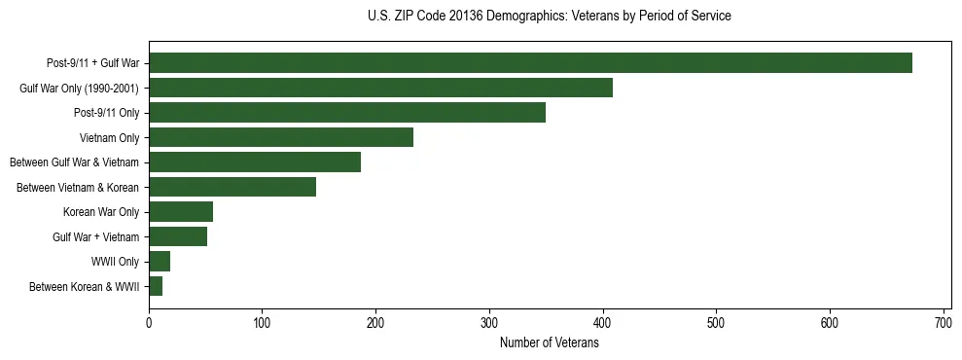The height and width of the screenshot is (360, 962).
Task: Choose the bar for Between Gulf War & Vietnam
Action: (255, 162)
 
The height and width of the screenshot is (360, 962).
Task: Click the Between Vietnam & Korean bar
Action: (232, 187)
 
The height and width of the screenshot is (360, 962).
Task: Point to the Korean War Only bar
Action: (181, 212)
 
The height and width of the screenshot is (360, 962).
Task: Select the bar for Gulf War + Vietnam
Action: (178, 236)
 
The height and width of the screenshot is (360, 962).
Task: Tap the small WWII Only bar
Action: (160, 262)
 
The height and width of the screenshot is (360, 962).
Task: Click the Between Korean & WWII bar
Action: (156, 286)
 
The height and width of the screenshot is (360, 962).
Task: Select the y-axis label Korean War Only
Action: (101, 212)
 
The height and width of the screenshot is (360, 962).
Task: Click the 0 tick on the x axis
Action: (149, 322)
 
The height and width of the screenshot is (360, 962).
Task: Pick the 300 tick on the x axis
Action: (489, 322)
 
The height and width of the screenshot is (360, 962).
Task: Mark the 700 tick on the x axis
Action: (943, 322)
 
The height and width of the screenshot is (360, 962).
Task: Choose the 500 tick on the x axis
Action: (716, 322)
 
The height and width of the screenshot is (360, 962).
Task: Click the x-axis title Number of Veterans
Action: (549, 342)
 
